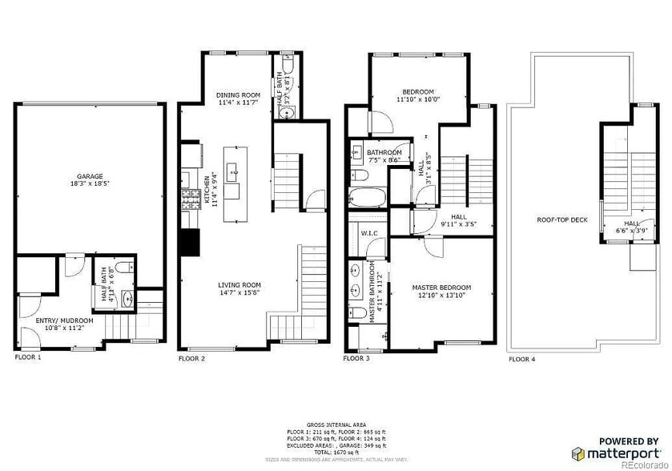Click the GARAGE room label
pos(90,176)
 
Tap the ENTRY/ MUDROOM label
pos(65,320)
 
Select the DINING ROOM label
pos(239,95)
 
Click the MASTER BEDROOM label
pos(441,288)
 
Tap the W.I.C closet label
pos(369,234)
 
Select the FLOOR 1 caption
pos(28,357)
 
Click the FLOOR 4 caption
pos(522,360)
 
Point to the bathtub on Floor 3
pos(368,197)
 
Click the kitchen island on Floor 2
pos(233,182)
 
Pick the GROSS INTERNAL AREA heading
pos(336,425)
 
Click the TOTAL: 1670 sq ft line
pos(336,453)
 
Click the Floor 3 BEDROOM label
pos(418,91)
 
